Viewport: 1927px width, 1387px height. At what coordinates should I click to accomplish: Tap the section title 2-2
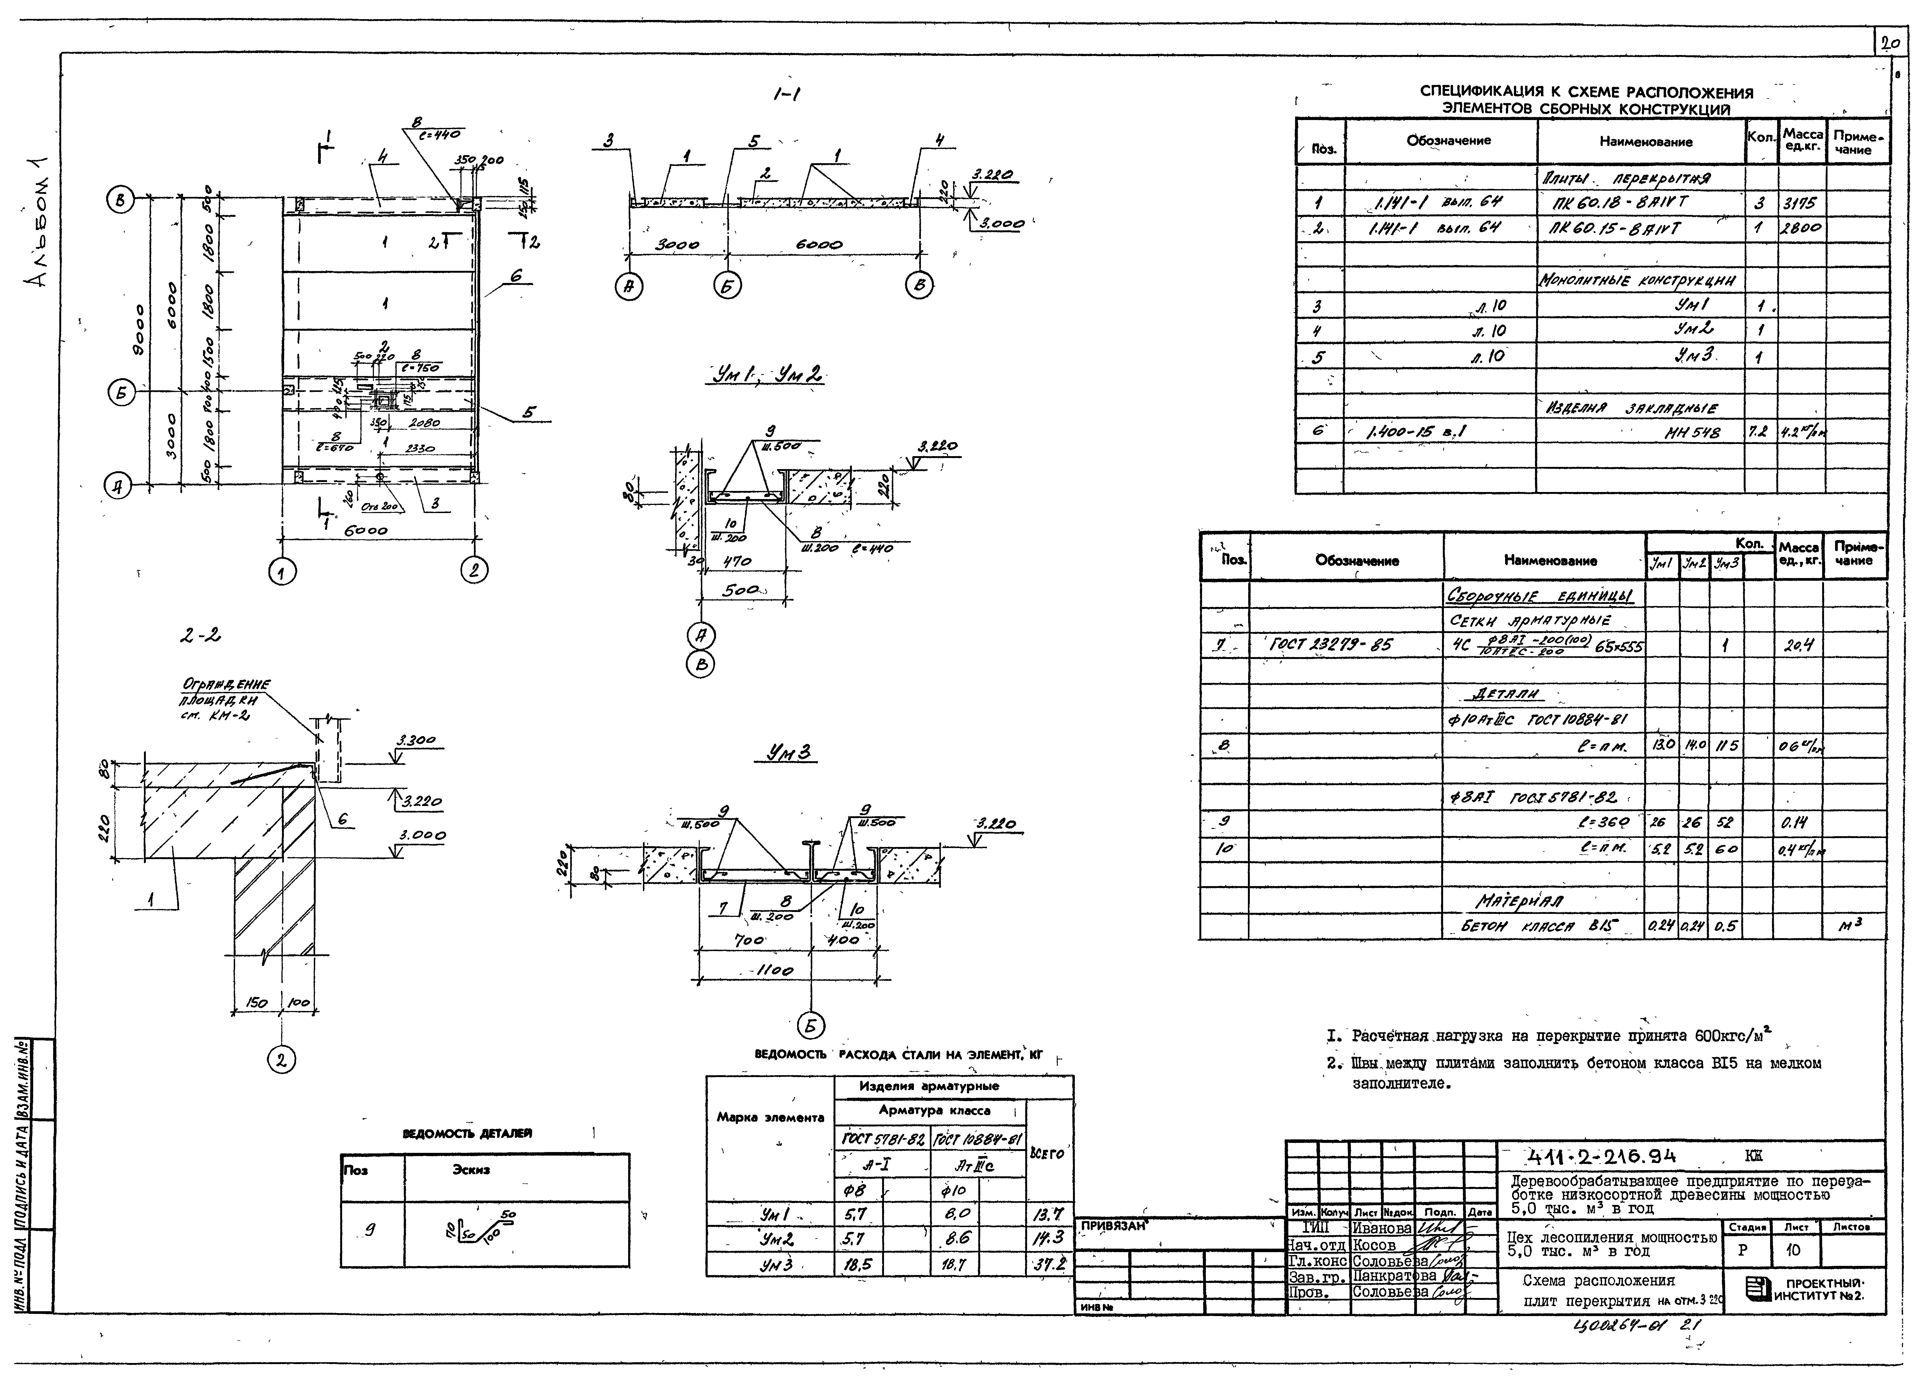click(x=201, y=634)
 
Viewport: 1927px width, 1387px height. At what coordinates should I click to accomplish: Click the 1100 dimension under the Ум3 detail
click(x=774, y=971)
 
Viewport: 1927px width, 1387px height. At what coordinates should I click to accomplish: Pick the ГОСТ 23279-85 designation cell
click(x=1330, y=645)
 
